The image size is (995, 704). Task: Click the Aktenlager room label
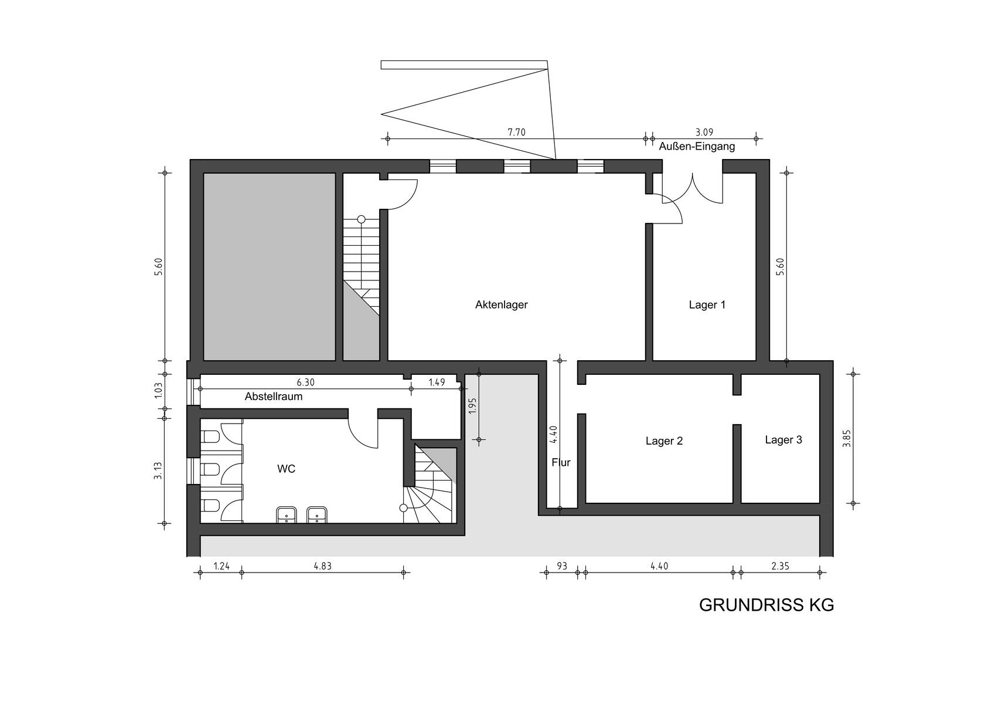click(x=501, y=305)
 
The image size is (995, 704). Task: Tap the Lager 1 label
click(x=707, y=305)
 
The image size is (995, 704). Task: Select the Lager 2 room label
click(x=664, y=441)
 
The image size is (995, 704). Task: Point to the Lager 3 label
click(x=783, y=440)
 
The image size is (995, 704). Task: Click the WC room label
click(x=286, y=469)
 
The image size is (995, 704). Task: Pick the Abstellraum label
click(x=274, y=397)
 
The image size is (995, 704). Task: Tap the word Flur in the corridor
click(x=561, y=462)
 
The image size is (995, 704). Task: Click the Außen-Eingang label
click(x=697, y=147)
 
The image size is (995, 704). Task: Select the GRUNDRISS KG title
click(x=766, y=605)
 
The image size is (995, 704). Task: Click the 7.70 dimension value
click(x=516, y=133)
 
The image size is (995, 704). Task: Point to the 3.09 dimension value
click(x=704, y=132)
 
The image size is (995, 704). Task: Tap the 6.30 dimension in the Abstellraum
click(x=306, y=383)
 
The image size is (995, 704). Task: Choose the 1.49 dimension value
click(x=437, y=383)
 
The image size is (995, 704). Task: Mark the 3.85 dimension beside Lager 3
click(x=847, y=438)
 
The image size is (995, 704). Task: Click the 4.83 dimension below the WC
click(x=322, y=566)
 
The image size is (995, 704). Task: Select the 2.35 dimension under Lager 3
click(x=780, y=566)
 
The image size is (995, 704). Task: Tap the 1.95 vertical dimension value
click(x=472, y=405)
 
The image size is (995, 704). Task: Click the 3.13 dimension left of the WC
click(x=158, y=471)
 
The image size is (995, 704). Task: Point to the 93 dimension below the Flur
click(x=562, y=566)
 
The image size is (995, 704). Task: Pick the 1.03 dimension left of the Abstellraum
click(x=159, y=391)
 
